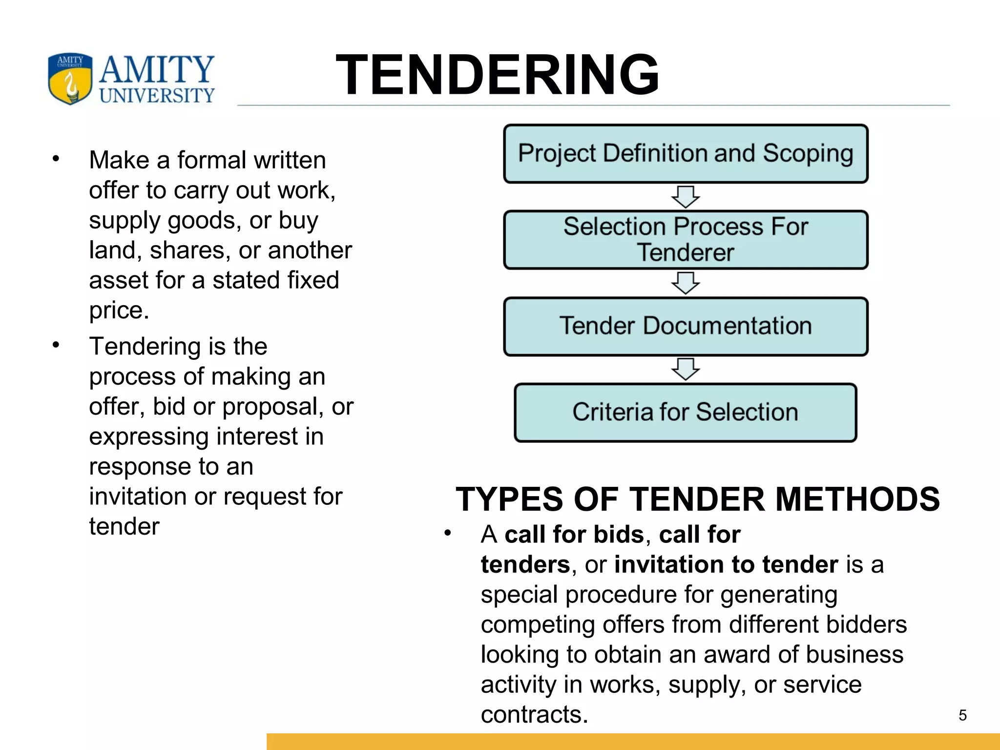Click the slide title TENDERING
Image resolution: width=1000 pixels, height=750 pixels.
[497, 75]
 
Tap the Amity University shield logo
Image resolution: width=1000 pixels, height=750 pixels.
[70, 78]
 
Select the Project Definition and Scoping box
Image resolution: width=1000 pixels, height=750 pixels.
[686, 154]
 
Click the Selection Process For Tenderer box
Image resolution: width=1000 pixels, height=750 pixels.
[686, 240]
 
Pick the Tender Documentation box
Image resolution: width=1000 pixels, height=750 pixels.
[686, 326]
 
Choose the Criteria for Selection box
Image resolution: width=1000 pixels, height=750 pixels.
[686, 413]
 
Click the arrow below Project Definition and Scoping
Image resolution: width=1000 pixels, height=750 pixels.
[686, 196]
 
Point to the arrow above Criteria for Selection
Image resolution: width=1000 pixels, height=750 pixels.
[686, 369]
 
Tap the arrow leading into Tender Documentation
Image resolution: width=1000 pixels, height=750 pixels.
[686, 283]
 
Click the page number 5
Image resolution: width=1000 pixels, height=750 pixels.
[962, 715]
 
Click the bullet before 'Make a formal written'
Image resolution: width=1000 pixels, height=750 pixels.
[56, 159]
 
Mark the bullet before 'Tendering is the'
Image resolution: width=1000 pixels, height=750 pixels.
[56, 345]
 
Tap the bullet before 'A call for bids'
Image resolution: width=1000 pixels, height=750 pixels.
[448, 533]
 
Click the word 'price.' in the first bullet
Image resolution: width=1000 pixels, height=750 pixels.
[119, 311]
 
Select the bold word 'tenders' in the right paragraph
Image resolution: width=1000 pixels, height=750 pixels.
[525, 565]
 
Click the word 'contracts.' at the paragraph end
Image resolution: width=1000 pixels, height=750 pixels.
[534, 715]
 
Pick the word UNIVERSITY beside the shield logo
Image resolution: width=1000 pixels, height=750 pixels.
[157, 95]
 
